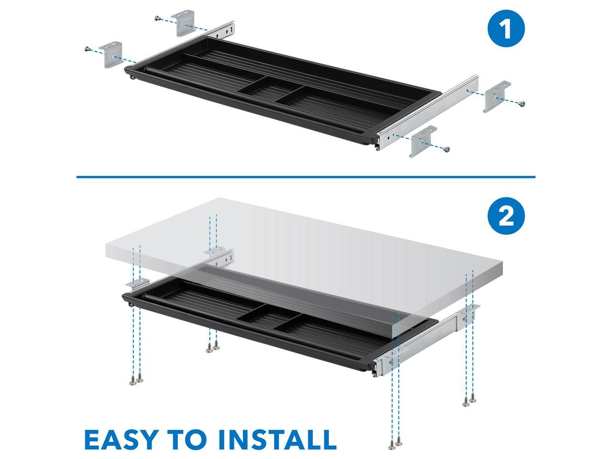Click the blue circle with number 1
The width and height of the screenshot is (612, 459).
[x=506, y=30]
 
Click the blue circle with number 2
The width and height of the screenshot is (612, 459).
[x=506, y=217]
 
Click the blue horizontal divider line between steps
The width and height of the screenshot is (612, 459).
[x=306, y=177]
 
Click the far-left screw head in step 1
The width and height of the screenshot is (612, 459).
[x=87, y=49]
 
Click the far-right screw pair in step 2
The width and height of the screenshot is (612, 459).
[x=469, y=402]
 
